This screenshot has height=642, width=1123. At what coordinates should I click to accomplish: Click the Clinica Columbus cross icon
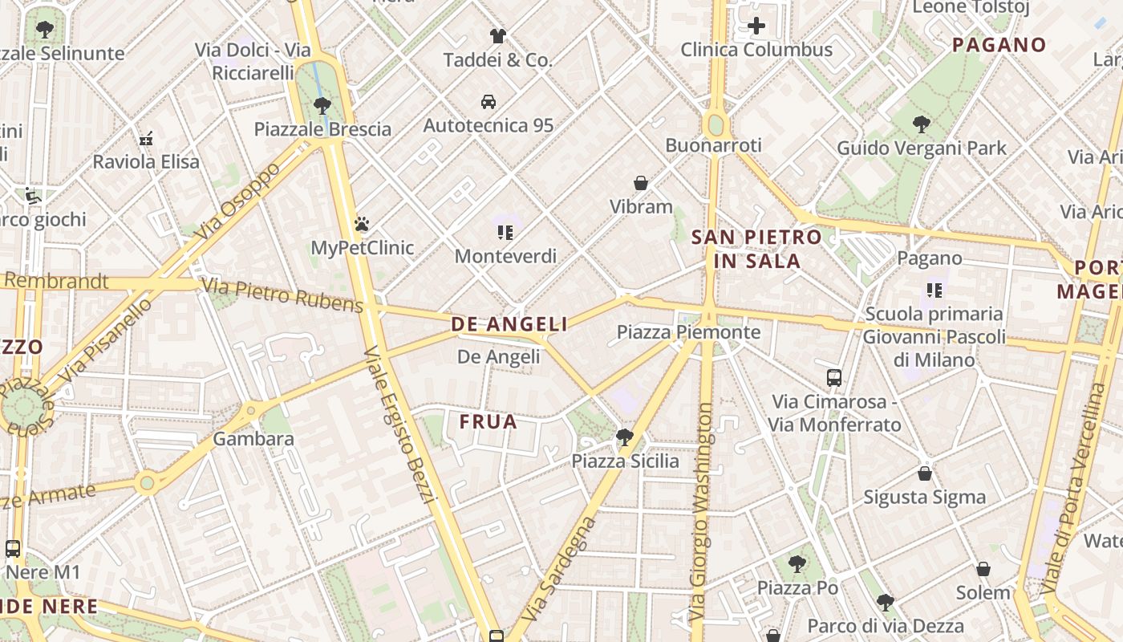756,26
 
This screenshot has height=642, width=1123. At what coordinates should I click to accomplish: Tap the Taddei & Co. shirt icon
498,36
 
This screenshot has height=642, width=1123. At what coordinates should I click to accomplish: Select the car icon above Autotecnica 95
488,102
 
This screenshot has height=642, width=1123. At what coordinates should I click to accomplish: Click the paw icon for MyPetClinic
362,224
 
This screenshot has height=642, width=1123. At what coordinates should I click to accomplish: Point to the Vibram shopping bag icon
641,183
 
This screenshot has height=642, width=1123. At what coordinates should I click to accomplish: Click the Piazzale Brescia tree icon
322,105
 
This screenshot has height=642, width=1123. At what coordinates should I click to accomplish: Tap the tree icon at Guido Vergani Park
922,124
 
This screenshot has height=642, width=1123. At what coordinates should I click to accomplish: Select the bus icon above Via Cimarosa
834,377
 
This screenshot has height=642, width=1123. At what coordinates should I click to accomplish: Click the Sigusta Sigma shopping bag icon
925,473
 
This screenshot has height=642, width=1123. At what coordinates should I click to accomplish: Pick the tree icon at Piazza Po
797,564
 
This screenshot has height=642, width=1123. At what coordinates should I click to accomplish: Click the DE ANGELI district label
509,324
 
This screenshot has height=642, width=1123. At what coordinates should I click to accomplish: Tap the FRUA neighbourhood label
488,422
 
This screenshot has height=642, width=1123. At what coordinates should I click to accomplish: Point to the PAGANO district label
999,45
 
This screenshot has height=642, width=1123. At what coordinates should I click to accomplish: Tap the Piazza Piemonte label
688,332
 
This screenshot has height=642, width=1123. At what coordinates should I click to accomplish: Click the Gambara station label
253,439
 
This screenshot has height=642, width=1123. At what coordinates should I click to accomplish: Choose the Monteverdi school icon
505,233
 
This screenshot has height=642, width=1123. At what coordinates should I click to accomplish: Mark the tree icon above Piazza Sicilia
624,437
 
